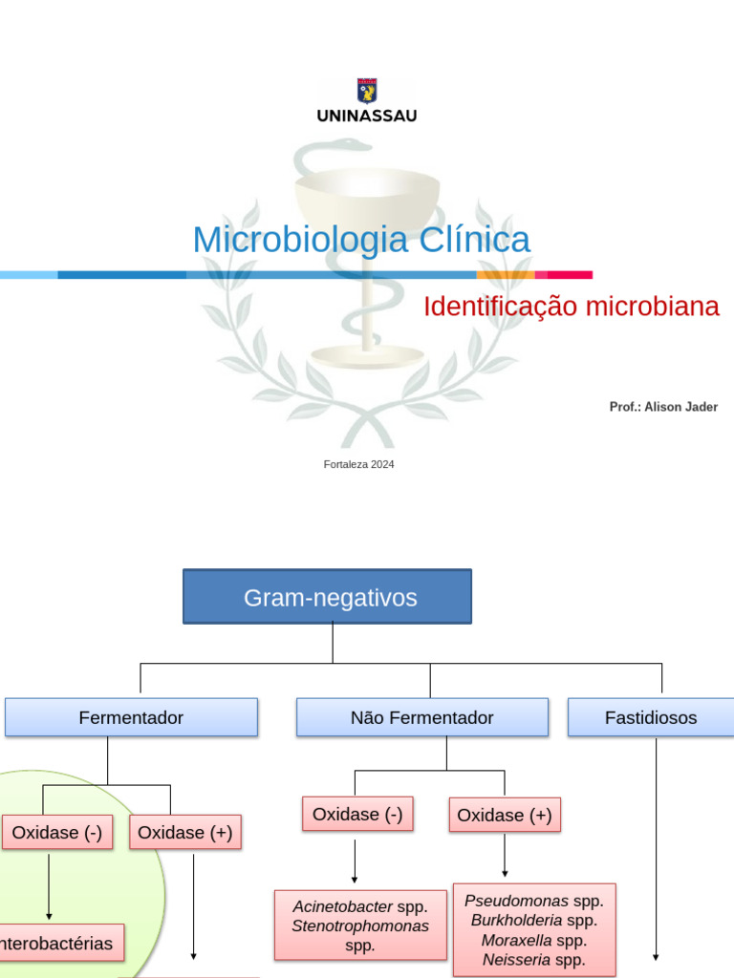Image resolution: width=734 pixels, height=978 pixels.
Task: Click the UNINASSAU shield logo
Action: pyautogui.click(x=367, y=91)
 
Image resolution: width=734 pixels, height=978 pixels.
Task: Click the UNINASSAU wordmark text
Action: pyautogui.click(x=367, y=116)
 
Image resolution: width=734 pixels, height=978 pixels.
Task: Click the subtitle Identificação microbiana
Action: pyautogui.click(x=571, y=307)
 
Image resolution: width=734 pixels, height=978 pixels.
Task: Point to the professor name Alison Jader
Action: pyautogui.click(x=680, y=407)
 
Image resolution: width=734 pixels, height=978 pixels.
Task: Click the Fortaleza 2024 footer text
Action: pyautogui.click(x=359, y=464)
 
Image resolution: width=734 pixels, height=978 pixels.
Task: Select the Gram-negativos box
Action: pyautogui.click(x=327, y=597)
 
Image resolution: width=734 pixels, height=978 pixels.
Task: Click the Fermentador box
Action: pyautogui.click(x=131, y=717)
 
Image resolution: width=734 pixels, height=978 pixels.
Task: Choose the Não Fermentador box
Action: pyautogui.click(x=422, y=717)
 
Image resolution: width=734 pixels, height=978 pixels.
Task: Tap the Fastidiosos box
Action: pyautogui.click(x=651, y=717)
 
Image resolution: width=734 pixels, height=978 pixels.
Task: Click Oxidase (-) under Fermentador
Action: pyautogui.click(x=56, y=832)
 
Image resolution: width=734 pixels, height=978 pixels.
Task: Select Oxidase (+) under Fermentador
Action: pyautogui.click(x=185, y=832)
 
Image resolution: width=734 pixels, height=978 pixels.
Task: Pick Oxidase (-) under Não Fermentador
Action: pyautogui.click(x=357, y=814)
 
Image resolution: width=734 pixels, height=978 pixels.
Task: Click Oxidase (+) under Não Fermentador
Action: pyautogui.click(x=505, y=815)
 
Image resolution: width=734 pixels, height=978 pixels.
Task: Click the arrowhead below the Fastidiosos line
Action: pyautogui.click(x=656, y=956)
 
